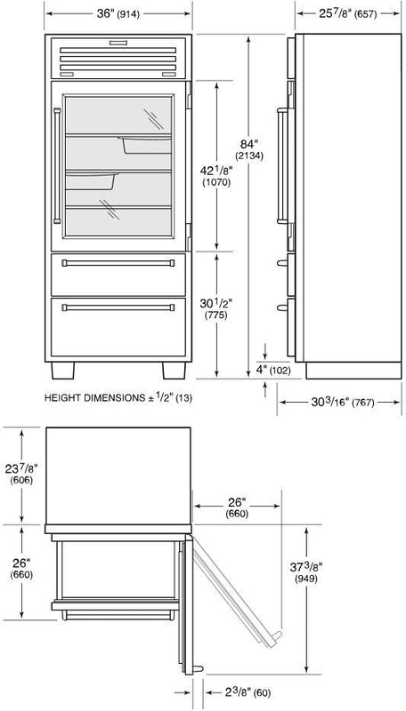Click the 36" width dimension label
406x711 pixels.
tap(118, 14)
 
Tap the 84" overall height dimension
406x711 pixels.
tap(249, 149)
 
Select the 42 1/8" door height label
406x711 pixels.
tap(215, 176)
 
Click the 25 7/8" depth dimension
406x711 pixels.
tap(348, 14)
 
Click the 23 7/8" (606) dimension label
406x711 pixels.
tap(21, 474)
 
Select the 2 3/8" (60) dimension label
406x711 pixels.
tap(242, 692)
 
